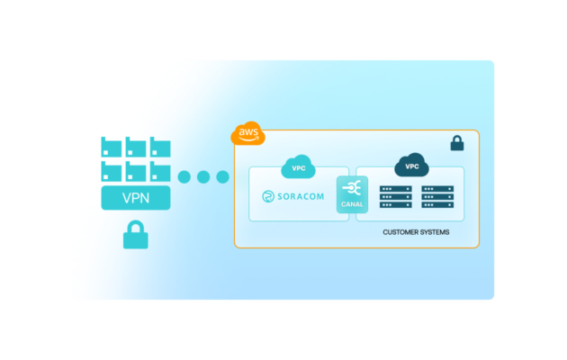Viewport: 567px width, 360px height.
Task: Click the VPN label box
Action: [x=136, y=198]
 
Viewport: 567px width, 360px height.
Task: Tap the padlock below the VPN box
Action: [x=136, y=237]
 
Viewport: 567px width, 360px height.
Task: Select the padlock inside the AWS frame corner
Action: [x=457, y=143]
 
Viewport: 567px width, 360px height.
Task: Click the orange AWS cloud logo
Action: [x=247, y=134]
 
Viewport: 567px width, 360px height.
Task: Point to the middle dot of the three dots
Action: [x=203, y=176]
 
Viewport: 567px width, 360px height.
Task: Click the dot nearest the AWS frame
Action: [x=222, y=176]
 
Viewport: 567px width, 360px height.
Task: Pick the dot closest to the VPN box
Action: [x=184, y=176]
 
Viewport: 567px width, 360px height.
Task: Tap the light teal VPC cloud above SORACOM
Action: [x=298, y=167]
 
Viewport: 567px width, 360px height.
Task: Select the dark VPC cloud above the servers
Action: [x=412, y=166]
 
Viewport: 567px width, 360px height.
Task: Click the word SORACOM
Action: [x=302, y=196]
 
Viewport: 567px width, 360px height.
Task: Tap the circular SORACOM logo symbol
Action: [x=267, y=196]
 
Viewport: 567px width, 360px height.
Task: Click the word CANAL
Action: [x=352, y=204]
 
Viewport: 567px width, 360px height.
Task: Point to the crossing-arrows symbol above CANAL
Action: [x=352, y=188]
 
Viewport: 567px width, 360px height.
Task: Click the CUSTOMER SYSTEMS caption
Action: [x=416, y=232]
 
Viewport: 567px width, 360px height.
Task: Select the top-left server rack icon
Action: [x=395, y=191]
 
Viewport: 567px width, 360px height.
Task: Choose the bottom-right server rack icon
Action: [x=437, y=203]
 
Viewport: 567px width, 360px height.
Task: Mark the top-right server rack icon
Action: [x=437, y=191]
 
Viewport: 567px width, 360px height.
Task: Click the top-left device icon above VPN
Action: [x=112, y=147]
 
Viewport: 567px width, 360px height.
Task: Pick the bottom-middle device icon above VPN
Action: [x=136, y=171]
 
